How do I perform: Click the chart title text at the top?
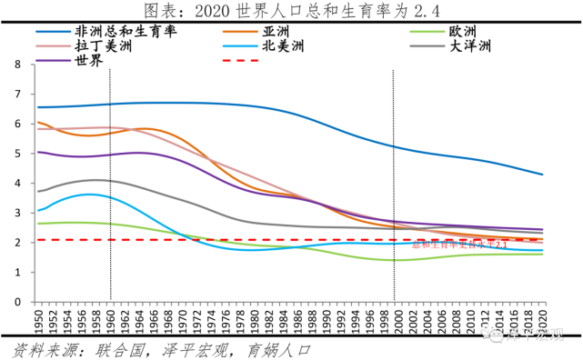point(291,11)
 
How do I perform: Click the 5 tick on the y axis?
point(17,154)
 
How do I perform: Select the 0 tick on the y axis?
point(17,301)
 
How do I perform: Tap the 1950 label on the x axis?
point(37,319)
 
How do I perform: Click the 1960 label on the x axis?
point(110,319)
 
